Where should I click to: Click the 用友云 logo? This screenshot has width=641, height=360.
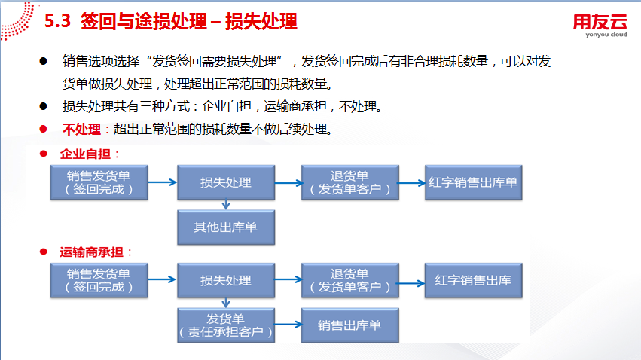(600, 26)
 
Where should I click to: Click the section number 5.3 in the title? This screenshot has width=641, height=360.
(57, 21)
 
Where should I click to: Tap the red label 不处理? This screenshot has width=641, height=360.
(81, 129)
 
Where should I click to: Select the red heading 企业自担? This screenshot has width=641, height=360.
(85, 154)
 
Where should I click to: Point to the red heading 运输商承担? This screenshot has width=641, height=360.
(91, 252)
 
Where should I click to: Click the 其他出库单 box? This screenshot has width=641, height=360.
(226, 227)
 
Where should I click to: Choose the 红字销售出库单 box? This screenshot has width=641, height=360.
(473, 182)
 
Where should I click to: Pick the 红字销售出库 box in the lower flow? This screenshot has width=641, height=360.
(473, 280)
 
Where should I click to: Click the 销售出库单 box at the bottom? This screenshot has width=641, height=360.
(350, 325)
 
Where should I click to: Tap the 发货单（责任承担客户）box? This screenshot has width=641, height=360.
(226, 325)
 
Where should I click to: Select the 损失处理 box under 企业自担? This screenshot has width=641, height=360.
(226, 182)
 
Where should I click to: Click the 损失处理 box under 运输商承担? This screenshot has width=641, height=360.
(226, 280)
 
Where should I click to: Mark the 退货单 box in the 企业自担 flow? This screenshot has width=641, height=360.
(350, 182)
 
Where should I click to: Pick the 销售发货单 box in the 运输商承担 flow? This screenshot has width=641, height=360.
(99, 280)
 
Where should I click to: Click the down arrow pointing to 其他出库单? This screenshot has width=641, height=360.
(226, 205)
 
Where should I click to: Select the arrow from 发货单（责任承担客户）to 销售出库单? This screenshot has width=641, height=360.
(288, 325)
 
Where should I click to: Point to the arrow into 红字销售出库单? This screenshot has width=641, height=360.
(412, 183)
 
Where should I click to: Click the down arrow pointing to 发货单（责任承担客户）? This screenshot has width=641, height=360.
(226, 303)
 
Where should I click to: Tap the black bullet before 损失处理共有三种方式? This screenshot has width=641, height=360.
(44, 106)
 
